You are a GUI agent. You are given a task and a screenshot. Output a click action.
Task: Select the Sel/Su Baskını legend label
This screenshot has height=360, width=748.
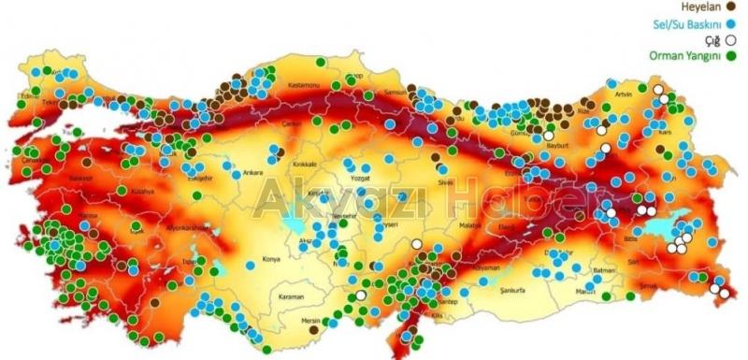click(x=684, y=23)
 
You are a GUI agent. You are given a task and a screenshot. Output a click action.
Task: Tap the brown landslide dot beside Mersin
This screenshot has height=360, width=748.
click(x=315, y=329)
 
